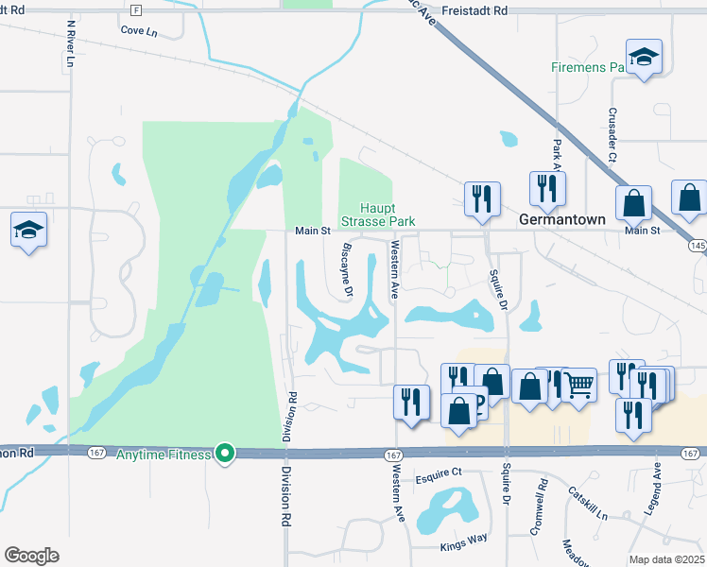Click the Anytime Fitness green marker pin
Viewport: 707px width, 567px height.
225,455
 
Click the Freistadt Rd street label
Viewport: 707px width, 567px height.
478,10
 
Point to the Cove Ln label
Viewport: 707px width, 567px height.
138,30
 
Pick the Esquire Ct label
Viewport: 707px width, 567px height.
439,472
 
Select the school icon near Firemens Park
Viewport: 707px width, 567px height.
644,57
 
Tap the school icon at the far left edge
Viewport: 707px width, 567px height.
28,229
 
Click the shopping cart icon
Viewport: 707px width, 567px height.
579,384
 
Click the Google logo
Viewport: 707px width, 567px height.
31,556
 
